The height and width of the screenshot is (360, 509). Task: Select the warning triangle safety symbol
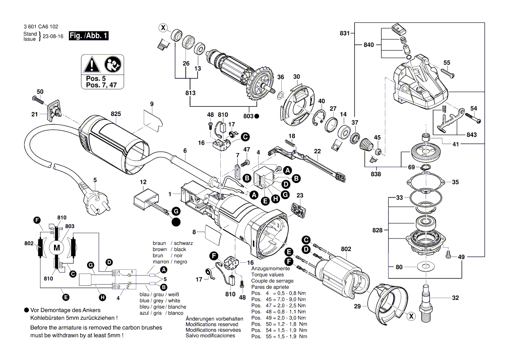point(92,65)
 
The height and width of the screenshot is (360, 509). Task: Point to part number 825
point(115,114)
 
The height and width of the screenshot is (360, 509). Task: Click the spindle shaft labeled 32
point(425,301)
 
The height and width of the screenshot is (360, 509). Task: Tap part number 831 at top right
point(344,33)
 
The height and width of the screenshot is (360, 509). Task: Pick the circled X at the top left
point(163,28)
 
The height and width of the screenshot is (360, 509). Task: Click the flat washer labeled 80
point(425,267)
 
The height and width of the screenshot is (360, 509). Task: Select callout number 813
point(190,93)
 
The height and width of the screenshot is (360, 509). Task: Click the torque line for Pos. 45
point(279,300)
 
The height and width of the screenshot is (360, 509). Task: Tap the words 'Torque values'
point(267,275)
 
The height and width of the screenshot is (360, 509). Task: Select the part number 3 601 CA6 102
point(41,27)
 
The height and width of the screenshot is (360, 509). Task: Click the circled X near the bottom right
point(410,317)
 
